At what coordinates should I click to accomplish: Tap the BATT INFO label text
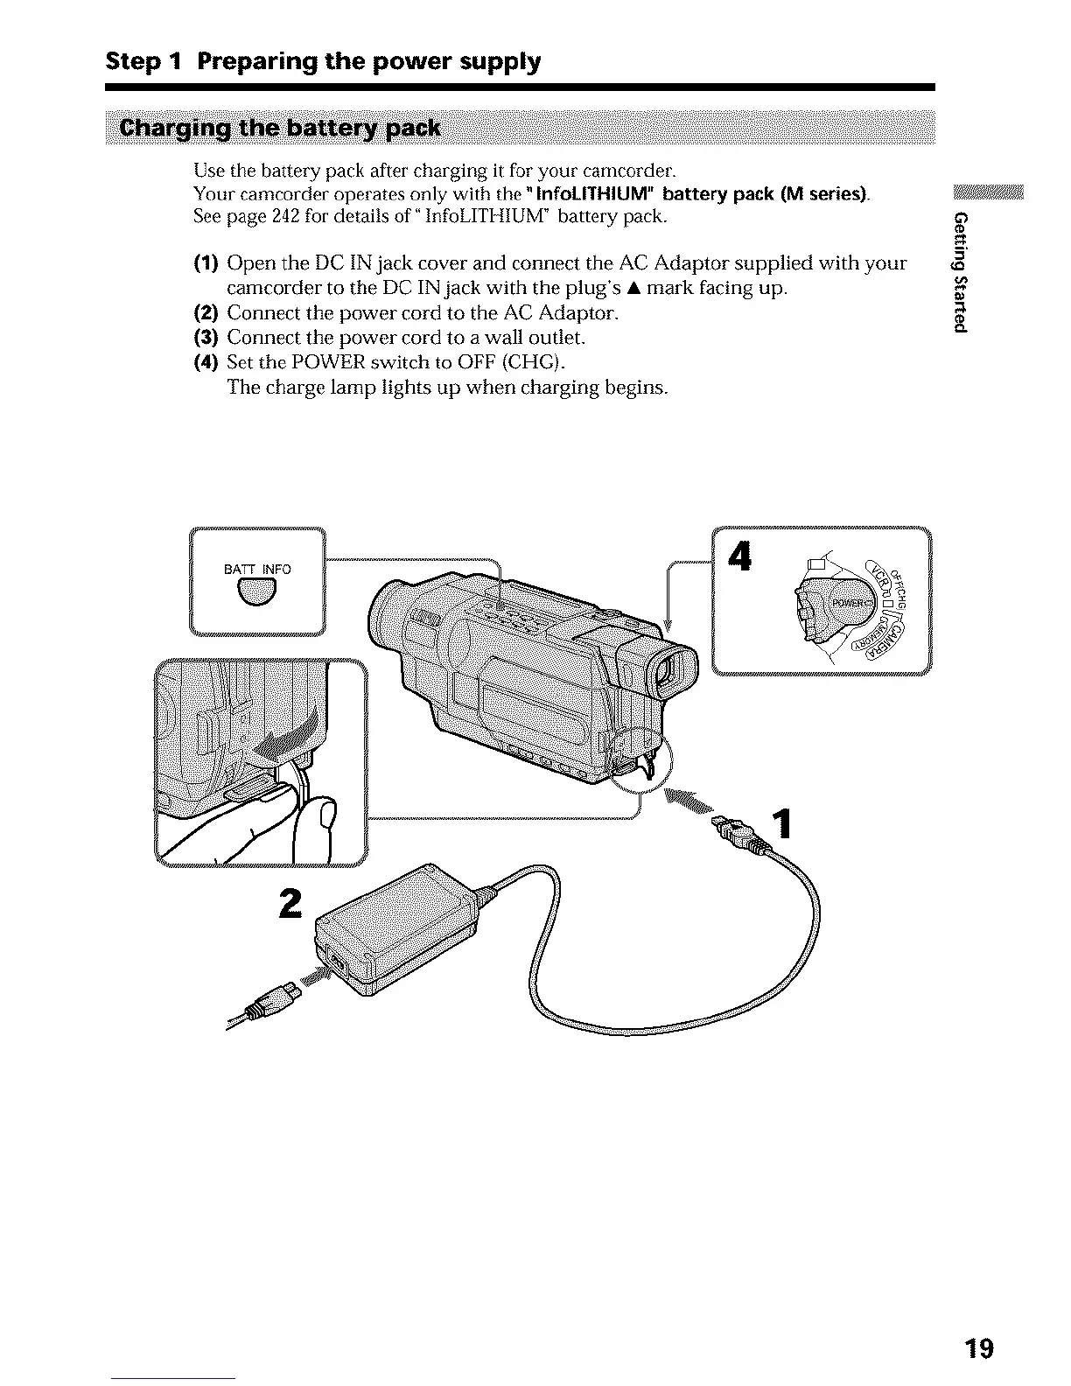click(257, 570)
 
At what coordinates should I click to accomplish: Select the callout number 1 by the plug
click(784, 823)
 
